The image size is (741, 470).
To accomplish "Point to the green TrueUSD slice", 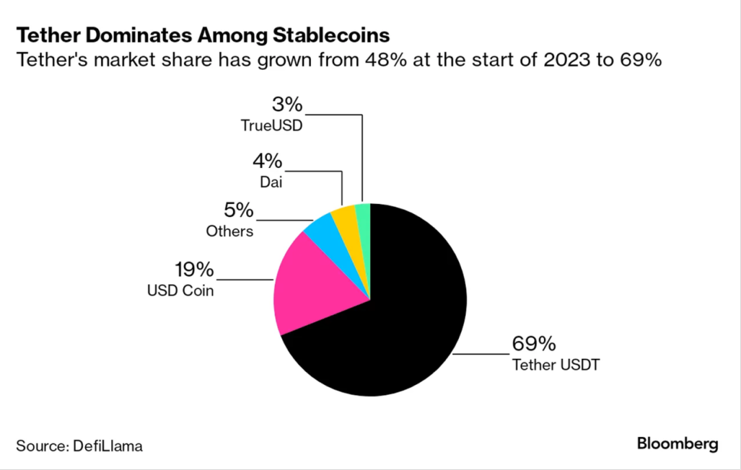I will (x=364, y=214).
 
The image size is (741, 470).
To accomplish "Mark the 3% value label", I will (x=287, y=105).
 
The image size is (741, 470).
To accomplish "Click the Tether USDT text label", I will (x=556, y=364).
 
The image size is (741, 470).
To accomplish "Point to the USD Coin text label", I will (x=180, y=291).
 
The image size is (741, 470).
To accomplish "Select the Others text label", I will (x=230, y=231).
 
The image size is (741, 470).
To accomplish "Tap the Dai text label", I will (x=272, y=183).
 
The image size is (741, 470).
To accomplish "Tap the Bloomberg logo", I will (x=677, y=444).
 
